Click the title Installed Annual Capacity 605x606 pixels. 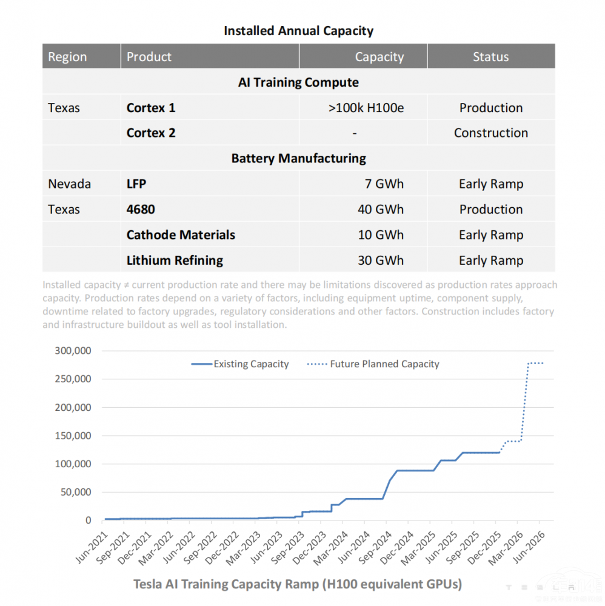tap(298, 30)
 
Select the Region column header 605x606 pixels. tap(67, 57)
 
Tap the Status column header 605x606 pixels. tap(490, 57)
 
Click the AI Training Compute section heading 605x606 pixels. tap(298, 82)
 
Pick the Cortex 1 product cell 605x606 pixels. tap(151, 108)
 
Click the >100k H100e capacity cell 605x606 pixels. tap(366, 108)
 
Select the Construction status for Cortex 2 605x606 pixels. tap(490, 133)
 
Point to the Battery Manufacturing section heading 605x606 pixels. tap(298, 159)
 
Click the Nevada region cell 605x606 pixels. tap(69, 184)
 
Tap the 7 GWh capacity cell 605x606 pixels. tap(384, 184)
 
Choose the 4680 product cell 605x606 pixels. tap(141, 210)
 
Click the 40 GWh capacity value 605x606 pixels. tap(381, 210)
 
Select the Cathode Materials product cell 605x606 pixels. tap(181, 235)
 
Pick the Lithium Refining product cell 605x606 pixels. tap(175, 261)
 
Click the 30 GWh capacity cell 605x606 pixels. tap(381, 261)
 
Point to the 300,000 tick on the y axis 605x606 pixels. tap(73, 351)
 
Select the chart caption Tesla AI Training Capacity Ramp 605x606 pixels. tap(297, 584)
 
